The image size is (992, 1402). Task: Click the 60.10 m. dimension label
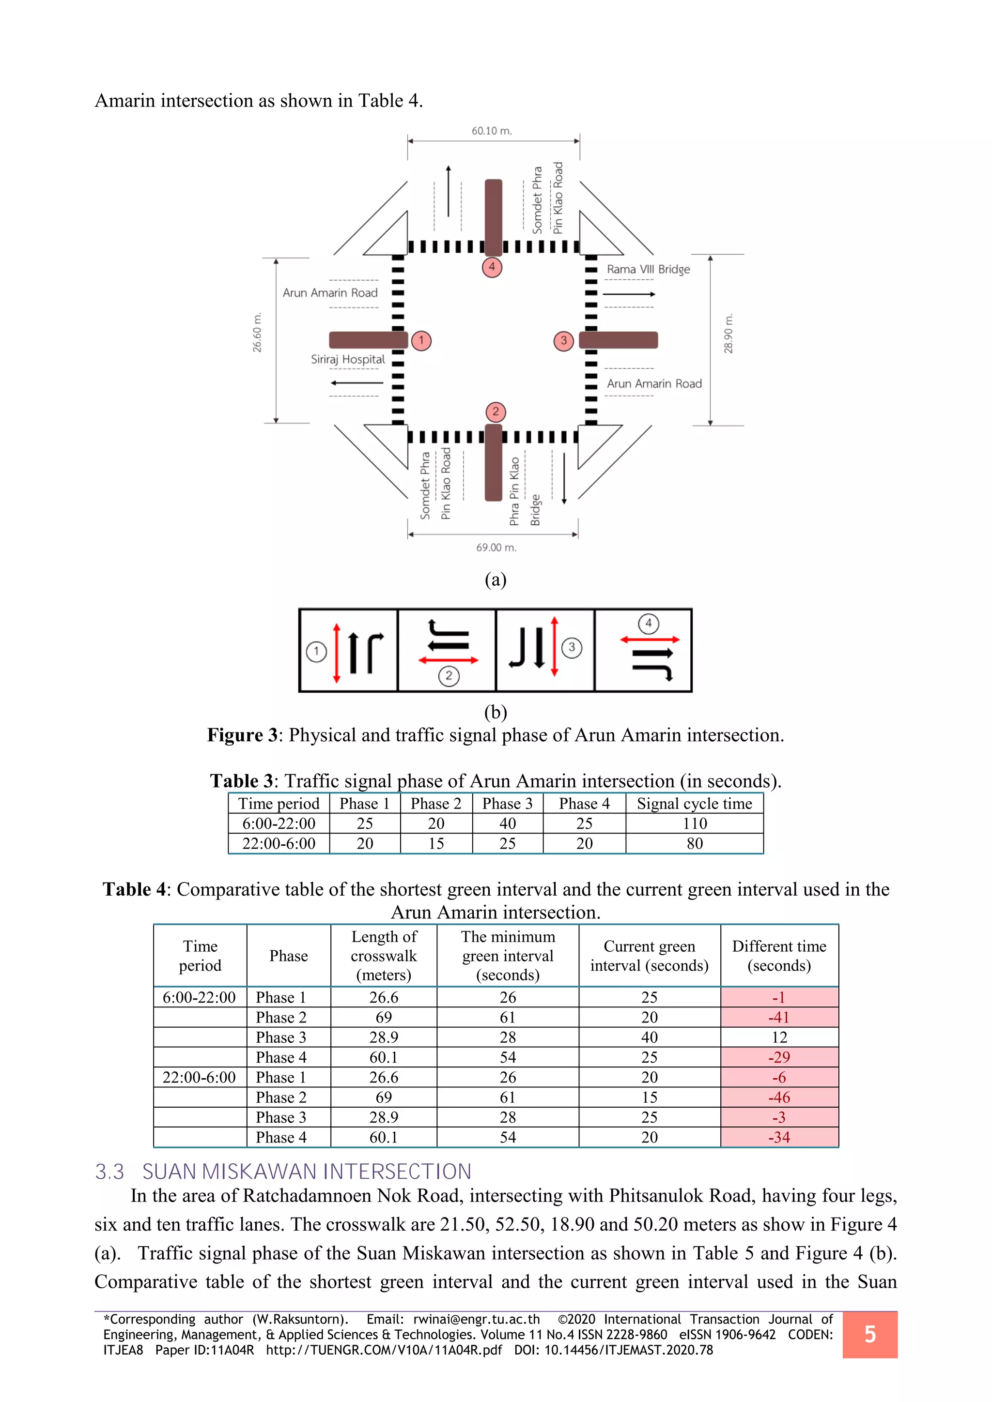[x=492, y=131]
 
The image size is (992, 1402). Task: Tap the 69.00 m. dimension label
[x=496, y=548]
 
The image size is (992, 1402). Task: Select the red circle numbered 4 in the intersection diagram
[x=492, y=267]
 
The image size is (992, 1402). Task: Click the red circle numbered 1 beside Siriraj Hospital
[x=421, y=341]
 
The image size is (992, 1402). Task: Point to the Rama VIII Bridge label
[x=648, y=269]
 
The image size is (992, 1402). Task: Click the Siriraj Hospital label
[x=348, y=360]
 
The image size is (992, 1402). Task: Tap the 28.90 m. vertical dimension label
[x=728, y=334]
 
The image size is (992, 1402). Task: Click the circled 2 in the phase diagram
[x=449, y=675]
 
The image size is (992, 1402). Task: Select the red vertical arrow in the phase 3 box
[x=554, y=647]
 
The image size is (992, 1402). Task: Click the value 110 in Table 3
[x=695, y=824]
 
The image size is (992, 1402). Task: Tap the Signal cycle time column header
[x=695, y=804]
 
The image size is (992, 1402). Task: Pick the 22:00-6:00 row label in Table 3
[x=279, y=844]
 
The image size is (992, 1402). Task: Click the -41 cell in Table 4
[x=779, y=1017]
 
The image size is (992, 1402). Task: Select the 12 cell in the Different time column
[x=779, y=1037]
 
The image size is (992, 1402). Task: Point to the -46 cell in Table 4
[x=779, y=1097]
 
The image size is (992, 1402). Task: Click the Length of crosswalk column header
[x=384, y=956]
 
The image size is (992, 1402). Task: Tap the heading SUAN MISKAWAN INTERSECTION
[x=307, y=1171]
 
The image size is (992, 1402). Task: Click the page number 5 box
[x=870, y=1334]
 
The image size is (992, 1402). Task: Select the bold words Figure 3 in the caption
[x=243, y=735]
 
